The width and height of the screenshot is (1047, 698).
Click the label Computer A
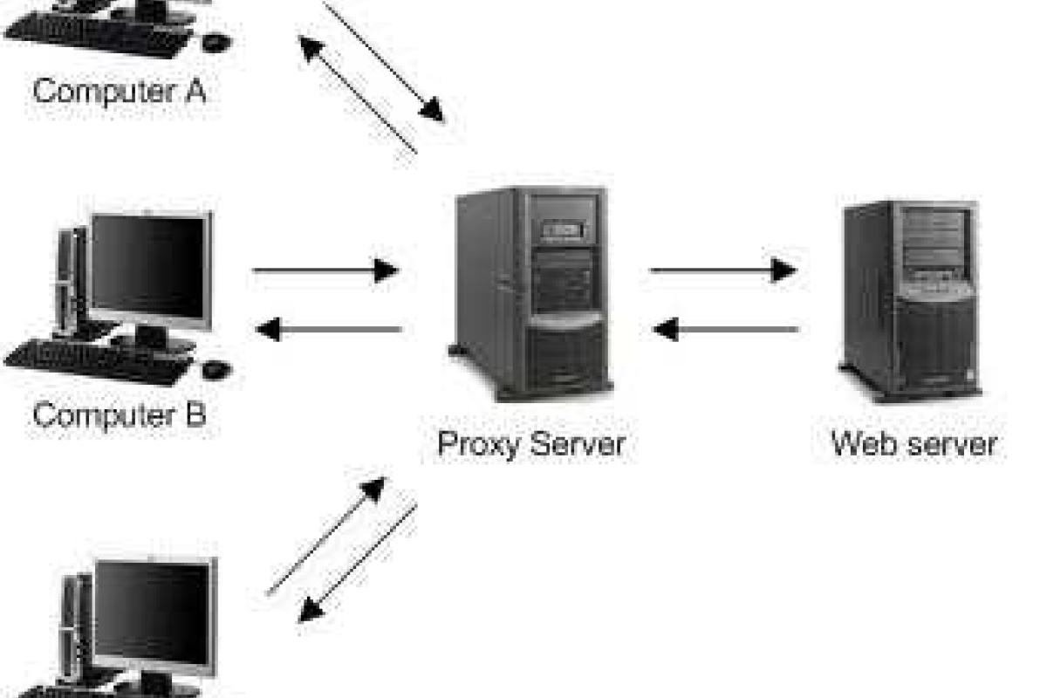coord(120,90)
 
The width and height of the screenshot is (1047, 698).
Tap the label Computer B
coord(120,414)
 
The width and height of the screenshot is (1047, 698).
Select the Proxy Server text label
coord(530,443)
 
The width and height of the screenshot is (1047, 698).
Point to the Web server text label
coord(914,443)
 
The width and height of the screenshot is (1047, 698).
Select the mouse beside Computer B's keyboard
coord(216,369)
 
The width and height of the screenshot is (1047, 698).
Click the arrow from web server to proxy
coord(726,330)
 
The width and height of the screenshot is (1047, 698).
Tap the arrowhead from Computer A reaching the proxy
coord(431,111)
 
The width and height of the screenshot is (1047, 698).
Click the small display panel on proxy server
coord(564,230)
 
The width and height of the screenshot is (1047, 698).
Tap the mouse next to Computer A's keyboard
coord(216,41)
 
